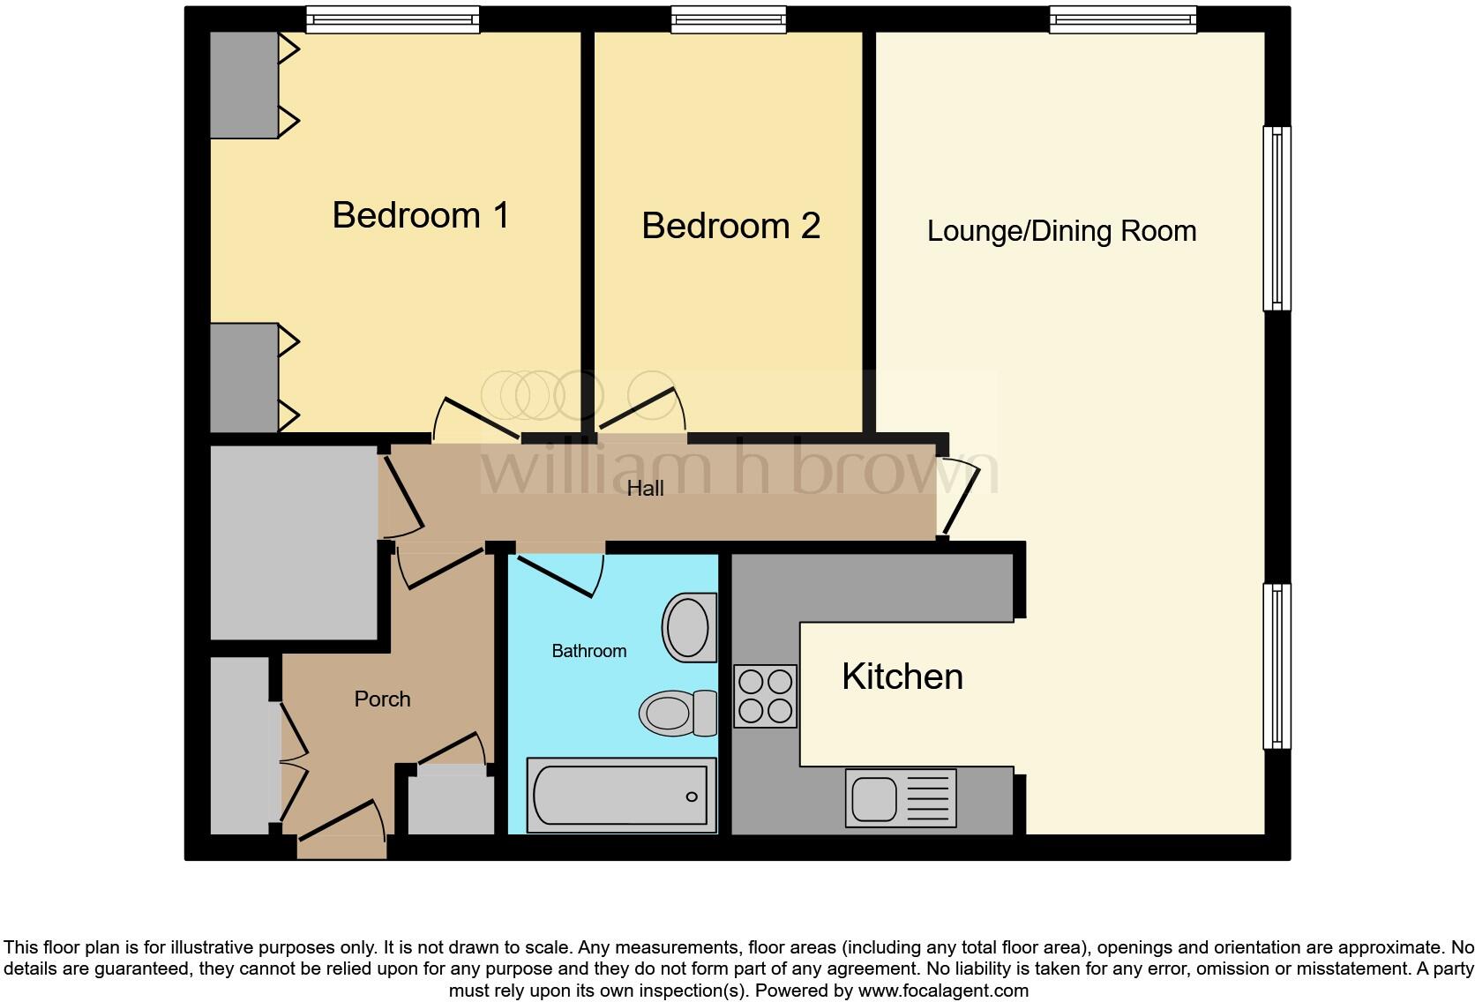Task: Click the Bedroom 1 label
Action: (421, 215)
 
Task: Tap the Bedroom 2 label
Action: (730, 226)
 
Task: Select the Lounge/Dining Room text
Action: (1061, 231)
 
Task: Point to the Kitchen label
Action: (902, 677)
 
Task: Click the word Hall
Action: (645, 489)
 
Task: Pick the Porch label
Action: (382, 699)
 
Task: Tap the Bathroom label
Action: (588, 651)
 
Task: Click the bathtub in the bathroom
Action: (621, 795)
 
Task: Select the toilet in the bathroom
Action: (678, 713)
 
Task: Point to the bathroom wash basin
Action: (689, 627)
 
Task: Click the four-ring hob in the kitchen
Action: (765, 696)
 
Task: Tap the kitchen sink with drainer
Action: (900, 798)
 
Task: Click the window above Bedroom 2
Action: (728, 19)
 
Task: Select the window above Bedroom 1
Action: (393, 19)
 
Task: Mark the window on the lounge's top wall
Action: (1123, 19)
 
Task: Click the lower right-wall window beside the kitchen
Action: (1276, 666)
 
